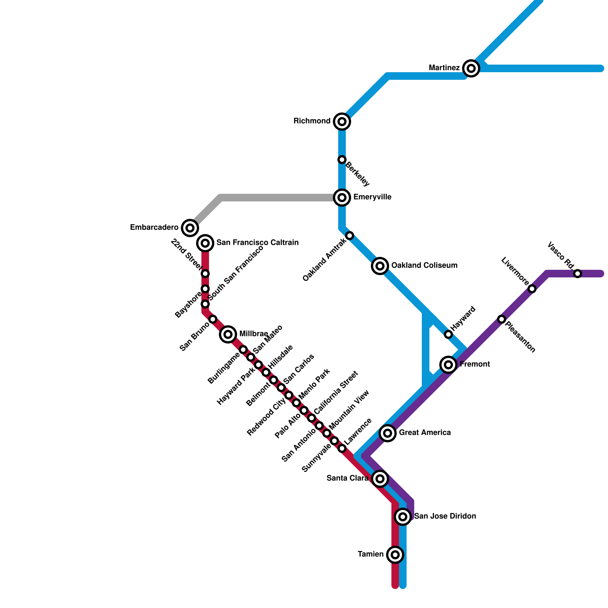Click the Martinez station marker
click(x=471, y=68)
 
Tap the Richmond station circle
click(x=342, y=122)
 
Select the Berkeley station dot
click(x=342, y=160)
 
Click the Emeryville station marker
click(x=342, y=198)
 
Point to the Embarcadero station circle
click(x=190, y=228)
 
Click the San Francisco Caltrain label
click(x=257, y=242)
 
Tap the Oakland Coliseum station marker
click(x=380, y=266)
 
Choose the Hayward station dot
click(x=448, y=334)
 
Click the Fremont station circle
click(x=448, y=365)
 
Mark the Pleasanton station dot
click(x=502, y=319)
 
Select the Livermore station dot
click(x=532, y=289)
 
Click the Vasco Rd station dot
click(x=578, y=274)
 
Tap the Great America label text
click(x=425, y=432)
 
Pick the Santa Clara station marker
click(x=380, y=479)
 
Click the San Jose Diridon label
click(x=445, y=516)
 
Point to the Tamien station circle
click(x=395, y=555)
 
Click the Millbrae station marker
click(x=228, y=334)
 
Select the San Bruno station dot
click(x=213, y=319)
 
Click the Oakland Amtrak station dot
click(x=350, y=236)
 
